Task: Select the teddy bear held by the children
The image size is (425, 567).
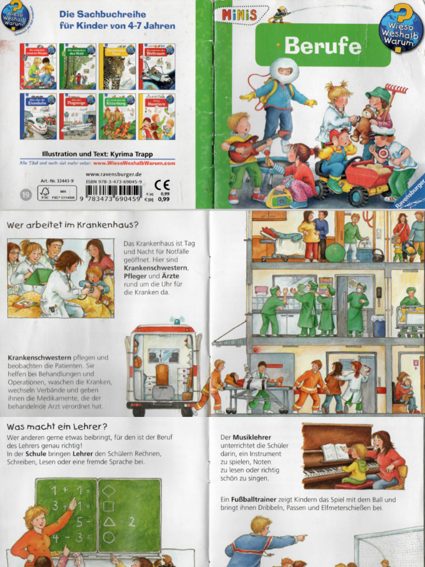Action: click(363, 127)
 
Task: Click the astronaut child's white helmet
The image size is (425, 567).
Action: click(284, 70)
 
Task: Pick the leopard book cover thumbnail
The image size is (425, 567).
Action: click(117, 66)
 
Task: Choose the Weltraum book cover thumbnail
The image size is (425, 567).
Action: click(157, 66)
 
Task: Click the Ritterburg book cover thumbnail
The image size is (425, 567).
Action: click(117, 116)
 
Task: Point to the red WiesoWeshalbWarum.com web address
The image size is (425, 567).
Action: click(134, 163)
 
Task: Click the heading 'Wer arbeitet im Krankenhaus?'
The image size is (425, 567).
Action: click(72, 225)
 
